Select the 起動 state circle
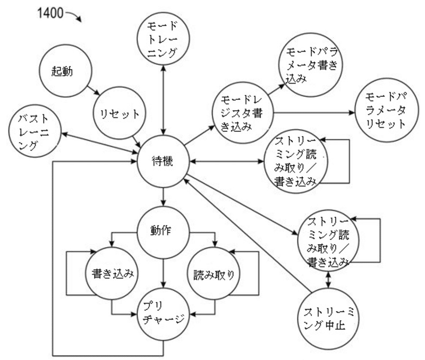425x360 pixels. [x=63, y=71]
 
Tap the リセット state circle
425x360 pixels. [x=118, y=112]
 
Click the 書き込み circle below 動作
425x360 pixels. [x=111, y=274]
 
